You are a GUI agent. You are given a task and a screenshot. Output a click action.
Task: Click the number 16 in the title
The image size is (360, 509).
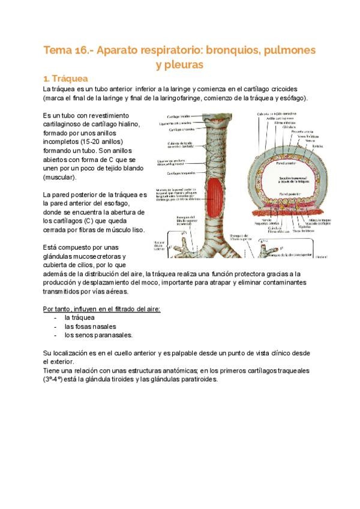[x=83, y=50]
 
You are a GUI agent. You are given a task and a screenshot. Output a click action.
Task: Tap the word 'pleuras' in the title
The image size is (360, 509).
[x=180, y=64]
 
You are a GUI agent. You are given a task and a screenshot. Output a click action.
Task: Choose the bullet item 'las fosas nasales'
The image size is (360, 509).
[x=90, y=326]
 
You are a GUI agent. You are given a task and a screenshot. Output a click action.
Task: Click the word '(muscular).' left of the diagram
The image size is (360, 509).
[x=59, y=178]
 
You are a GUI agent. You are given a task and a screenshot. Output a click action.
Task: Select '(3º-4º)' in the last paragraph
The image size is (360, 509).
[x=55, y=379]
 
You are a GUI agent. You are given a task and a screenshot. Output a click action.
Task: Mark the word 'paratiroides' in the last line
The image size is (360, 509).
[x=199, y=379]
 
